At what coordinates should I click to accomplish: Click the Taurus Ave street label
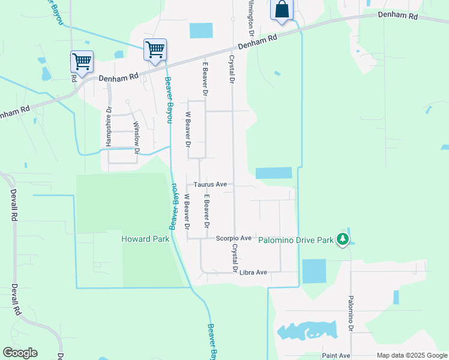210,185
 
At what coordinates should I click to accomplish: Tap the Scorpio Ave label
234,239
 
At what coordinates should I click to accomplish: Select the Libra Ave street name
253,272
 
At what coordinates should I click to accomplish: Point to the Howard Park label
145,239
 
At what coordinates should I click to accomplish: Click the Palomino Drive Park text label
295,240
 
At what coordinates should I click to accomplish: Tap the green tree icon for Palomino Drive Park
343,239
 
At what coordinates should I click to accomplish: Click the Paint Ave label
336,356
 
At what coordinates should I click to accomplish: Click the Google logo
20,353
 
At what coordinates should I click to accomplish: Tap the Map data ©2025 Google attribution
411,356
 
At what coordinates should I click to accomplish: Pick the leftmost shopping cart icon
81,61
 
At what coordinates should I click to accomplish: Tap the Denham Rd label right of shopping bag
397,16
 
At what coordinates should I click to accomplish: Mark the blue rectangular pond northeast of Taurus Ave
273,173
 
